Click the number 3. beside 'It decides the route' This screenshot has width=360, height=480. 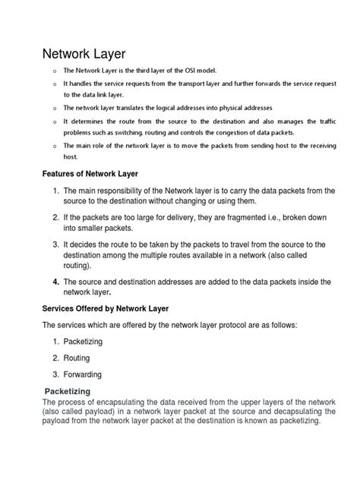pyautogui.click(x=55, y=244)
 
